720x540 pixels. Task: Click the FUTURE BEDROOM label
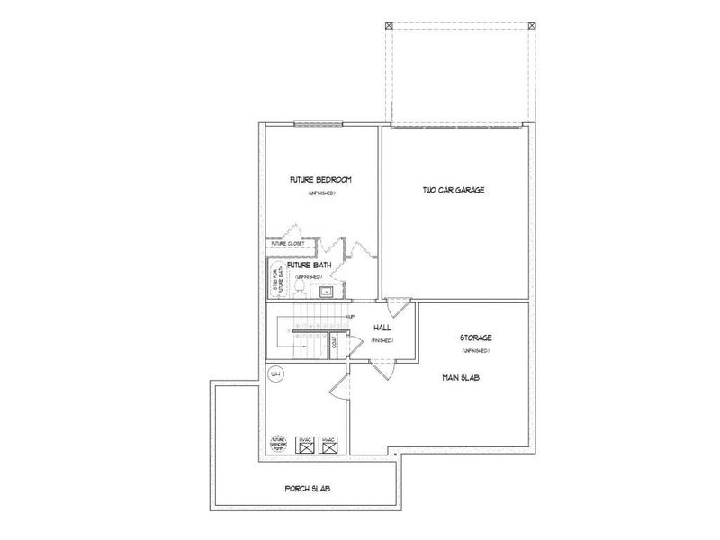(319, 180)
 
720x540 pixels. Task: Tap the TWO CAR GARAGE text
(447, 190)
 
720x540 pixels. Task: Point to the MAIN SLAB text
(461, 379)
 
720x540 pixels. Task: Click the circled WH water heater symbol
(277, 373)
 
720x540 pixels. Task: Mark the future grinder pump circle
(279, 443)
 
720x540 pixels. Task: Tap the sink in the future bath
(326, 291)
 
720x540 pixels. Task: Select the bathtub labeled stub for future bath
(275, 279)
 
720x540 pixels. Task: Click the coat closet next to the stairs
(335, 342)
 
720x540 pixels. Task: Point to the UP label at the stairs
(347, 316)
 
